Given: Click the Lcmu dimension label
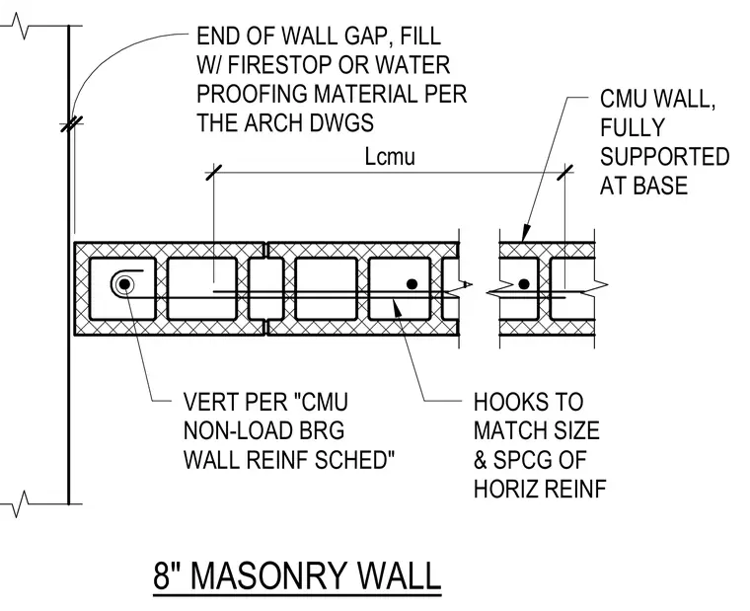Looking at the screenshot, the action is pyautogui.click(x=390, y=157).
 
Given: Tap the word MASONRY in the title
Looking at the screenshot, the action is pyautogui.click(x=268, y=575).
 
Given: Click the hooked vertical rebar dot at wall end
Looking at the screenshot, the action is pyautogui.click(x=124, y=284).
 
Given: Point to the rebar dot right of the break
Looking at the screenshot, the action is pyautogui.click(x=524, y=284).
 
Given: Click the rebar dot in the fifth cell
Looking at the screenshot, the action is pyautogui.click(x=412, y=284).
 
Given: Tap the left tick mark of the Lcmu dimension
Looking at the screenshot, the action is pyautogui.click(x=213, y=173).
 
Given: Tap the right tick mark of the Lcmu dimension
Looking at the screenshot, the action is pyautogui.click(x=564, y=173).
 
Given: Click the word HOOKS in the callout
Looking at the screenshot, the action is pyautogui.click(x=529, y=402).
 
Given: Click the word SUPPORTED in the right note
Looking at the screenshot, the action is pyautogui.click(x=665, y=157).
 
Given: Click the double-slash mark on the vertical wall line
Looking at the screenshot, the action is pyautogui.click(x=72, y=124).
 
